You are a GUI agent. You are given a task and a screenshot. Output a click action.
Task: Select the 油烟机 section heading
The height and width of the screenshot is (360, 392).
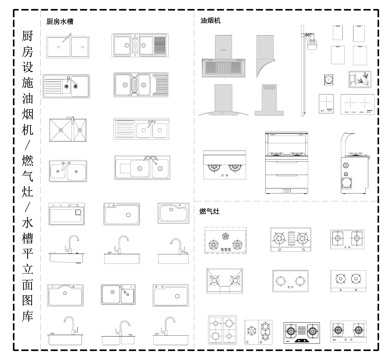(211, 20)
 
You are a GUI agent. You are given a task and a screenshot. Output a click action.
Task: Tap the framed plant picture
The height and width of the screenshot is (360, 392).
(356, 80)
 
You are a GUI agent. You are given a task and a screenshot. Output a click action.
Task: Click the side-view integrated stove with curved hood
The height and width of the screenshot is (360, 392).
(349, 160)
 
